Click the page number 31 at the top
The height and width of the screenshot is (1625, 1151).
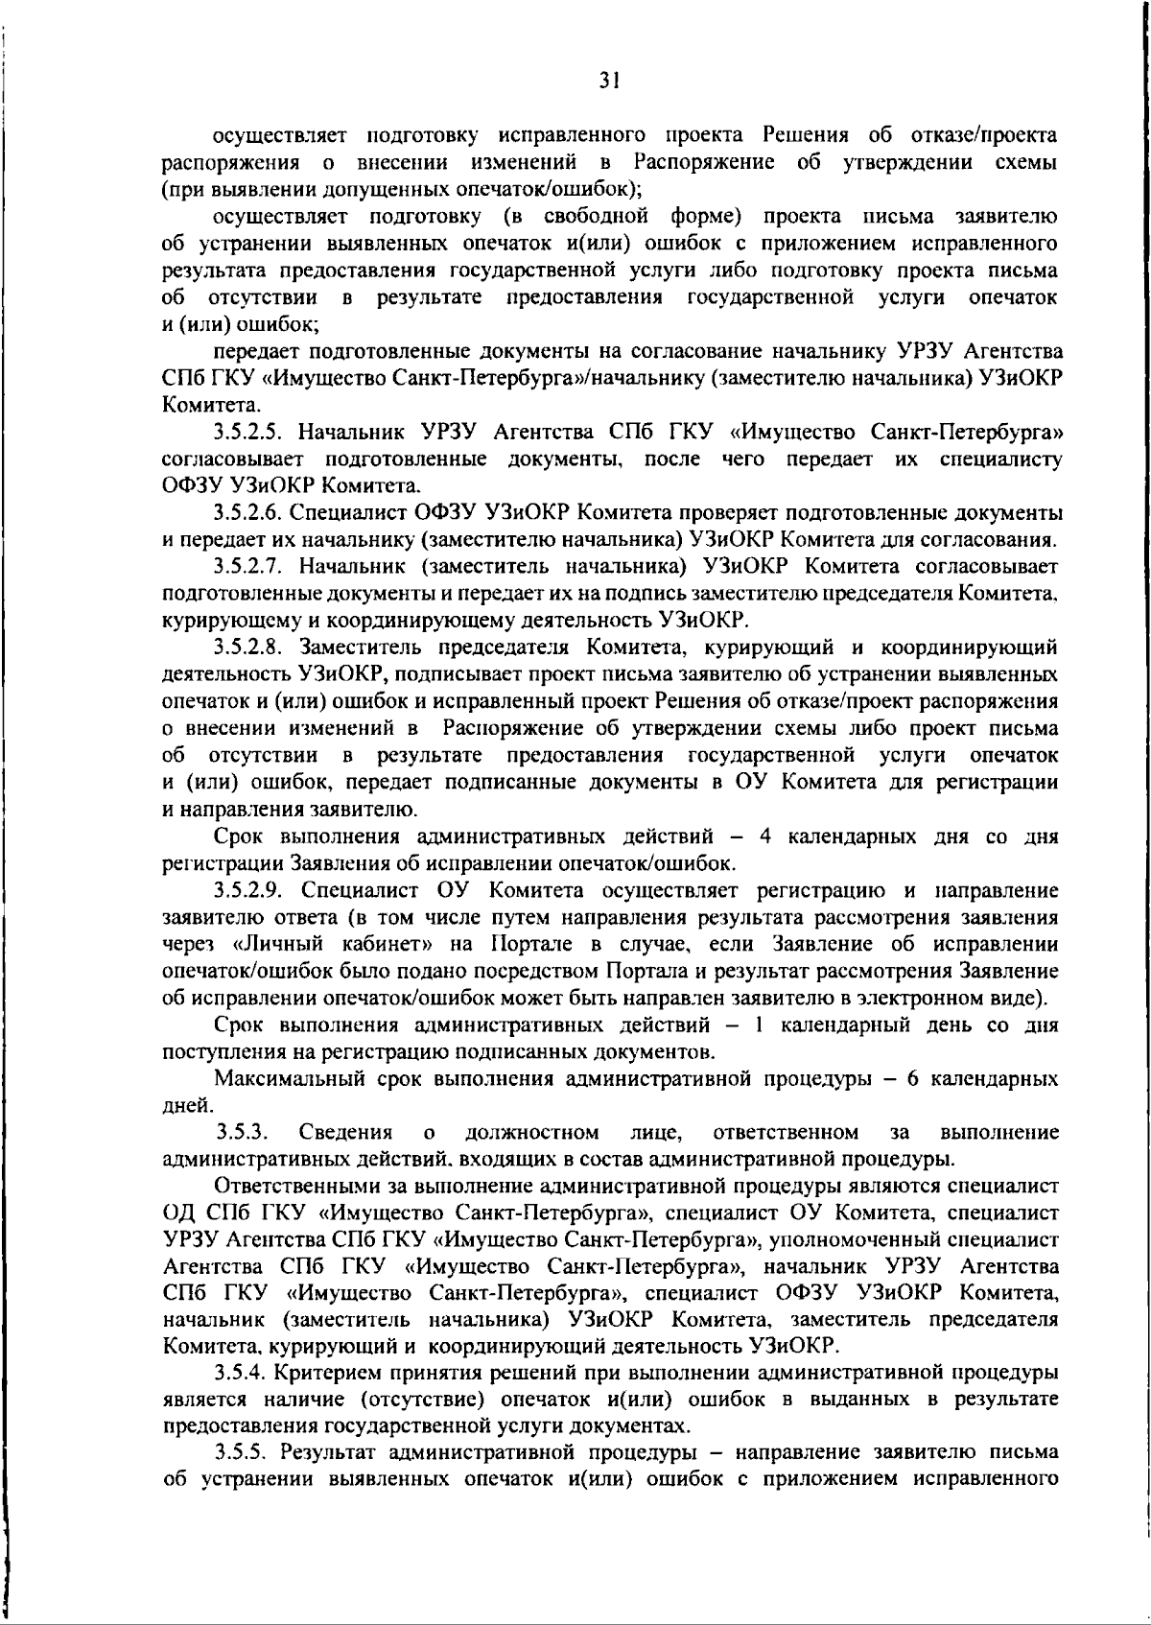pos(607,82)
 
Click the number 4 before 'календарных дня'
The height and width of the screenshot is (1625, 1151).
pos(765,836)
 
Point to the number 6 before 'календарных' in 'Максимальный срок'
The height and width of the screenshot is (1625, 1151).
pos(913,1079)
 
